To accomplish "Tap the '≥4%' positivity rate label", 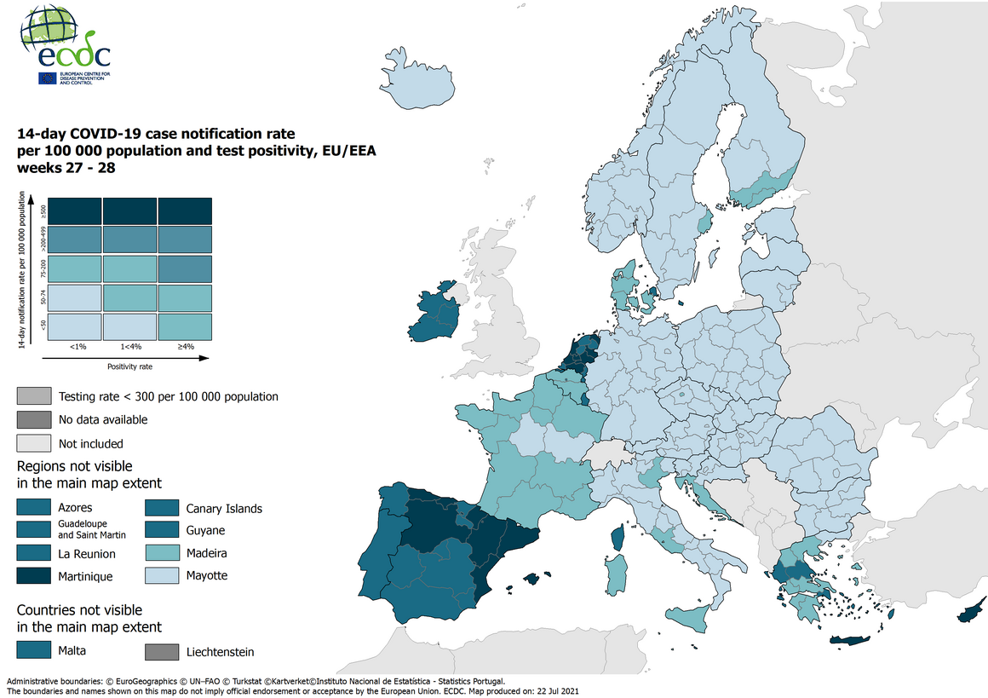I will point(185,347).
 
